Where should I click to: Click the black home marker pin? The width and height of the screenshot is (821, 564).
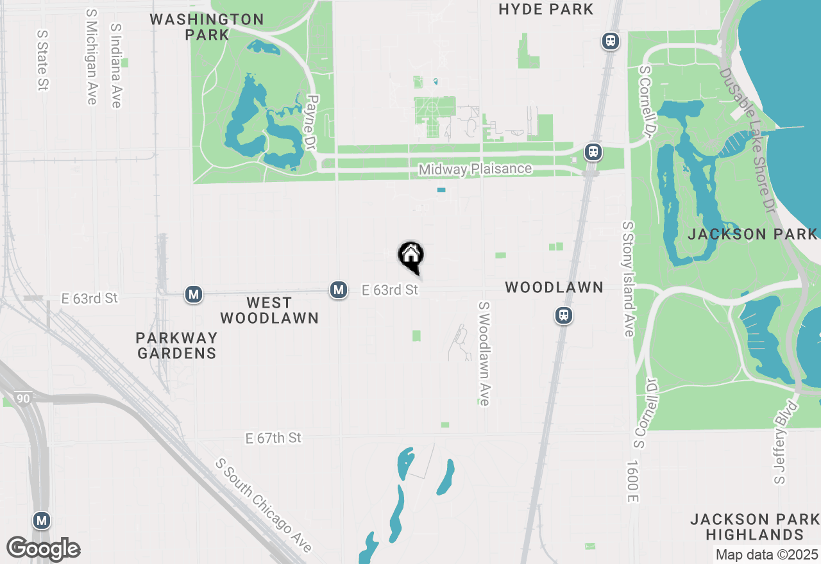tap(411, 256)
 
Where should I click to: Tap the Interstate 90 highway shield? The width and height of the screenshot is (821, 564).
tap(24, 397)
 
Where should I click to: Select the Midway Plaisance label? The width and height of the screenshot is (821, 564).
tap(475, 169)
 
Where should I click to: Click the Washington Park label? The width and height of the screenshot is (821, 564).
tap(207, 27)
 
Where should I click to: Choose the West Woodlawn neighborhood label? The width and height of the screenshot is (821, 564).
tap(269, 310)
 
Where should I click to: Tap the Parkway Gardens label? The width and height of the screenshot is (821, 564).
tap(176, 345)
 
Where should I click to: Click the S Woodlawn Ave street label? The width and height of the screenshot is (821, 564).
tap(484, 354)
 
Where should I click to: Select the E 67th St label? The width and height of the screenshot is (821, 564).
tap(273, 438)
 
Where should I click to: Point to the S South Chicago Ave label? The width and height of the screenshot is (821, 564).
tap(263, 505)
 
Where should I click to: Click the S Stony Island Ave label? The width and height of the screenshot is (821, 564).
tap(628, 279)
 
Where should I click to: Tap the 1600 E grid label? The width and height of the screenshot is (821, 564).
tap(632, 481)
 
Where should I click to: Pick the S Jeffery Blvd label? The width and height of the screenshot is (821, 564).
tap(786, 443)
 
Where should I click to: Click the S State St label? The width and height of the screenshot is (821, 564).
tap(42, 60)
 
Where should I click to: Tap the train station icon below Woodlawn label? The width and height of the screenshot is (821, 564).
tap(564, 315)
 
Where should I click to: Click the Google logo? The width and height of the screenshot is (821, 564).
tap(43, 549)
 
